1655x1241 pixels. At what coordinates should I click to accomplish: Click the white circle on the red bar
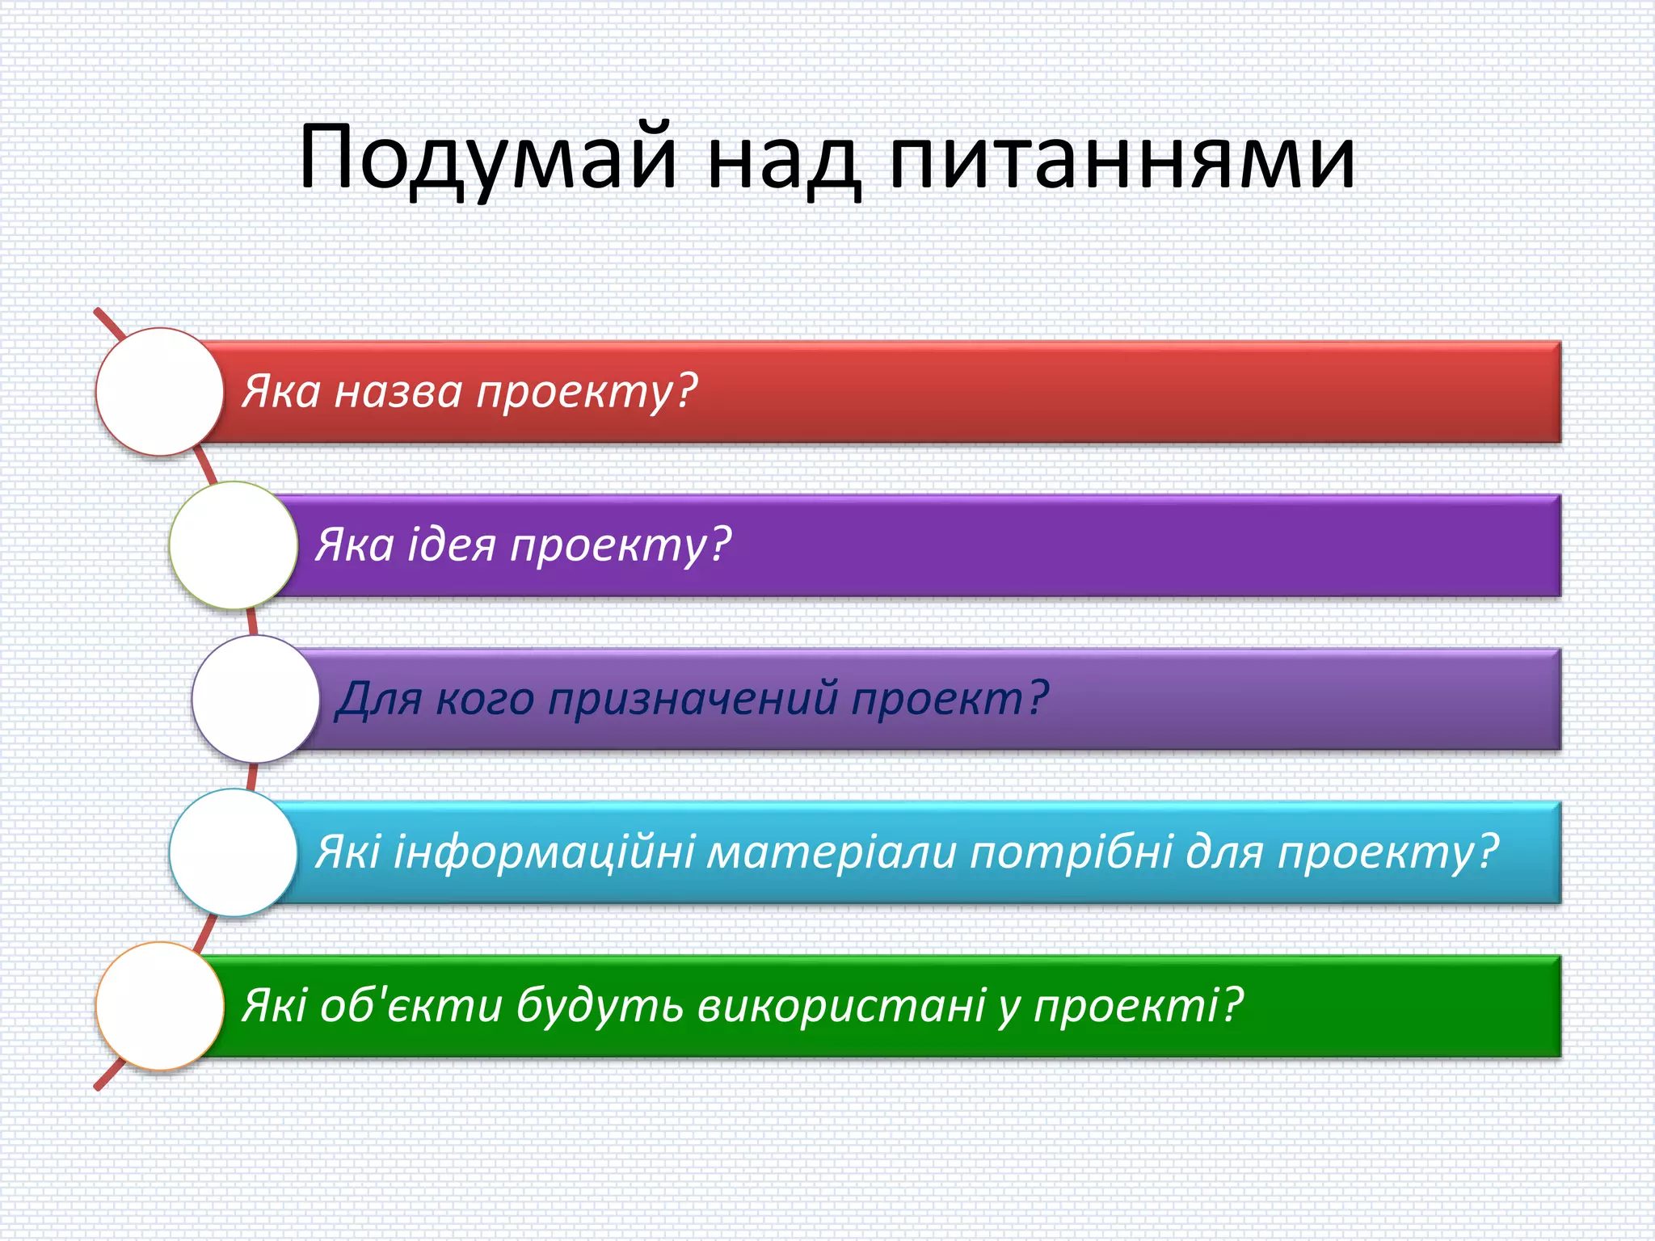click(160, 392)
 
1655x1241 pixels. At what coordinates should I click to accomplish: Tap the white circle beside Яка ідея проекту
click(234, 545)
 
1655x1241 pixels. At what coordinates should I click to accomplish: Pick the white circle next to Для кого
click(256, 699)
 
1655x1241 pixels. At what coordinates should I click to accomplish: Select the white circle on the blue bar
click(234, 852)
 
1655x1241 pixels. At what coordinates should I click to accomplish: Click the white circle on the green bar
click(160, 1006)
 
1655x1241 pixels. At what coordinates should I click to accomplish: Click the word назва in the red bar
click(398, 392)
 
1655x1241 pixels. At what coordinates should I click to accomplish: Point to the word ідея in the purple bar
click(451, 545)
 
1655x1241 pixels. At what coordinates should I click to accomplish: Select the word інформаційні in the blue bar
click(543, 852)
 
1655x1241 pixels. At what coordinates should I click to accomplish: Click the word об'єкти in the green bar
click(411, 1006)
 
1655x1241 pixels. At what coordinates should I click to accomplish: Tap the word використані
click(841, 1006)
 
